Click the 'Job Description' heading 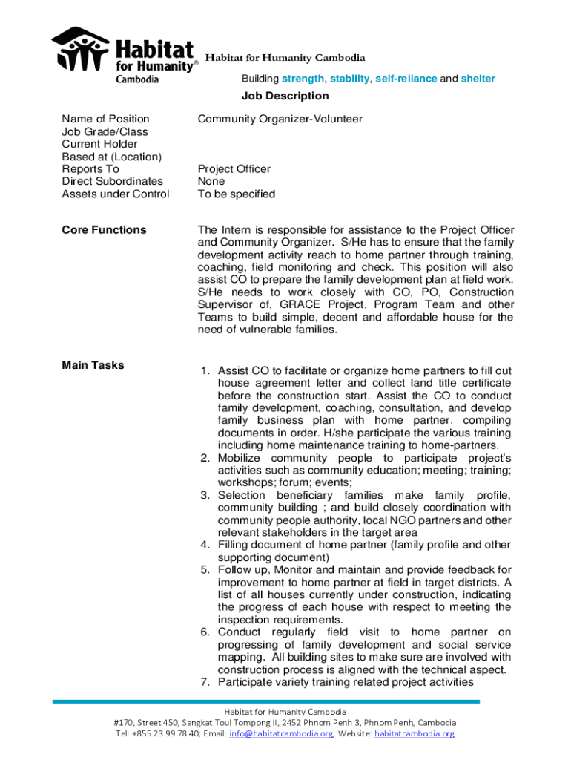click(285, 96)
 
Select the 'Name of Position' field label click(105, 119)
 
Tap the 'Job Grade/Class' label click(105, 131)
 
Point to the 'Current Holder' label click(99, 144)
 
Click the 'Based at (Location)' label click(111, 157)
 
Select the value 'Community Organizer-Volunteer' click(280, 119)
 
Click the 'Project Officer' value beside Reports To click(234, 169)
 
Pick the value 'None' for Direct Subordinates click(211, 181)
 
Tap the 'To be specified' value click(236, 194)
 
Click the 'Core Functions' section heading click(104, 230)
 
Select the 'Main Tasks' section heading click(93, 365)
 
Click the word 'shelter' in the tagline click(478, 79)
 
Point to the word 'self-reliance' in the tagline click(406, 79)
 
